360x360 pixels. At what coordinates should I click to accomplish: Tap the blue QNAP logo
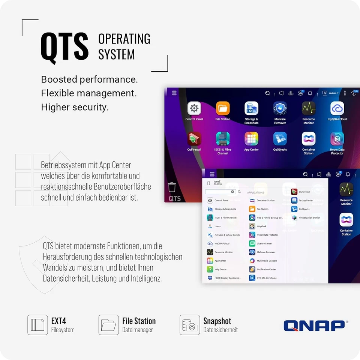tap(314, 325)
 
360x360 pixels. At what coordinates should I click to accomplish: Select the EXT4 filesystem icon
tap(37, 325)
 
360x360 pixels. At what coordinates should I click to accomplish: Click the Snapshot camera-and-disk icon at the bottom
tap(190, 325)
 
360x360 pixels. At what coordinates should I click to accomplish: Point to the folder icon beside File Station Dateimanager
tap(109, 325)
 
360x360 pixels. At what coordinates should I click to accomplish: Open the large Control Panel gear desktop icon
tap(194, 109)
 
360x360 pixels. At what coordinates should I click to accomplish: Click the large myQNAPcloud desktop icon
tap(337, 109)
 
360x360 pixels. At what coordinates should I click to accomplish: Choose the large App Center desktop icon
tap(251, 139)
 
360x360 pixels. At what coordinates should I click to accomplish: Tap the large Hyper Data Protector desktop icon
tap(337, 139)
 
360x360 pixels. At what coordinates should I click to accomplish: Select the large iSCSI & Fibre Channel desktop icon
tap(223, 139)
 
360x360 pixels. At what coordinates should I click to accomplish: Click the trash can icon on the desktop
tap(172, 187)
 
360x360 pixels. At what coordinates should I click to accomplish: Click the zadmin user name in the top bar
tap(332, 93)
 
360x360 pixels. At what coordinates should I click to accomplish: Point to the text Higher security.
tap(75, 107)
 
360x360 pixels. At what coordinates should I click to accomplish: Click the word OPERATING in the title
tap(124, 39)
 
